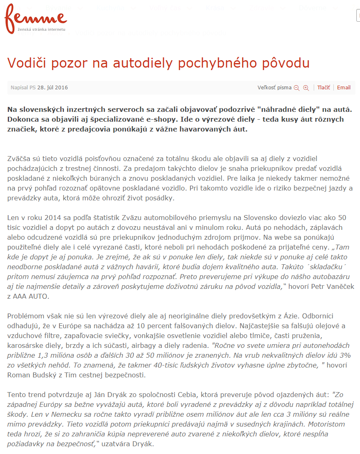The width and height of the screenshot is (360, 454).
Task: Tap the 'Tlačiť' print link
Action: click(324, 87)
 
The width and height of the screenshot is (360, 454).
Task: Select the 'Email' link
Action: click(344, 87)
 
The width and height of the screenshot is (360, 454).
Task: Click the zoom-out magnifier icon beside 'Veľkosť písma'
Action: click(297, 88)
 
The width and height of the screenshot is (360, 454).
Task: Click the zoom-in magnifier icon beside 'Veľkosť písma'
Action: click(306, 88)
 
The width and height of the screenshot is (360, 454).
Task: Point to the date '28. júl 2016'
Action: click(52, 87)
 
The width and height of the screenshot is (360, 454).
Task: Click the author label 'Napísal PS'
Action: click(23, 87)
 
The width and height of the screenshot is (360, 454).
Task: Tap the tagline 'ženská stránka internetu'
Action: click(41, 30)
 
